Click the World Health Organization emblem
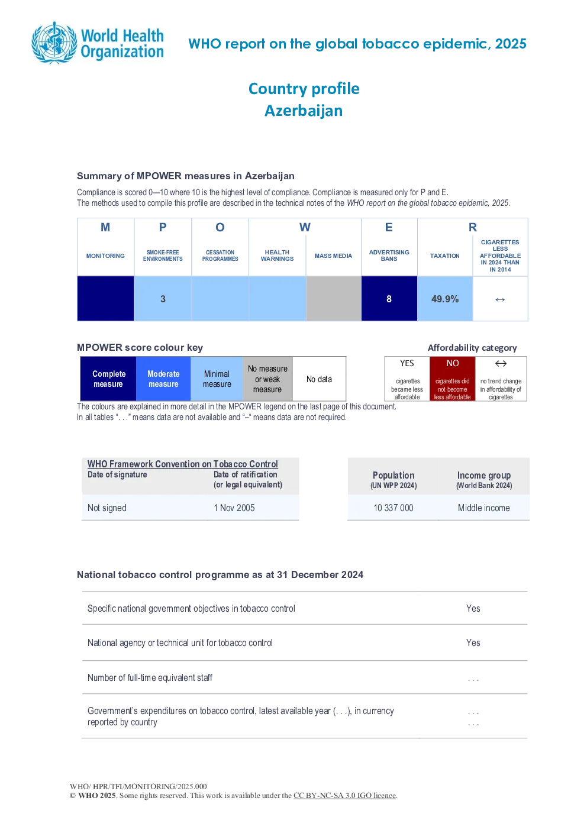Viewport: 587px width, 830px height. tap(55, 43)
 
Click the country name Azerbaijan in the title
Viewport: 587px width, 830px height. tap(304, 111)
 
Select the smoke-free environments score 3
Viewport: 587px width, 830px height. tap(163, 299)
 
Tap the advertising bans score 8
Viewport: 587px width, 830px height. tap(389, 299)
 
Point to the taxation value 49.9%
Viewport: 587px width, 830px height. tap(445, 299)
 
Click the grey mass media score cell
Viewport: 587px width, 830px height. tap(334, 298)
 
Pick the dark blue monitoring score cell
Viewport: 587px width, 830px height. tap(105, 298)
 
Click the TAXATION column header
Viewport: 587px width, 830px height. tap(445, 256)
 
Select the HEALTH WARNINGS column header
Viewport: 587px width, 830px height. tap(277, 256)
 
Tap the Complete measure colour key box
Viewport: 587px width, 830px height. tap(108, 379)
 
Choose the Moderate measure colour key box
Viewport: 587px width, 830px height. tap(163, 379)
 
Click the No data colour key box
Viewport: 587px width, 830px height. tap(319, 379)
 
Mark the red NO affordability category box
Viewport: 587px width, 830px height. tap(453, 379)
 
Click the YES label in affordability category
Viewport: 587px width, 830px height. tap(407, 363)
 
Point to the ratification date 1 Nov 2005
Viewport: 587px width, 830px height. tap(234, 508)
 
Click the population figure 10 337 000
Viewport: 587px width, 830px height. tap(393, 508)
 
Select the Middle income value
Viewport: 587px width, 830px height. tap(483, 508)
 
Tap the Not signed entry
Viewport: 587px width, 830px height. tap(107, 508)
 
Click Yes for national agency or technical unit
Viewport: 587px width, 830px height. tap(473, 642)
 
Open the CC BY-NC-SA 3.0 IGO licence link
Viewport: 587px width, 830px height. tap(344, 796)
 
